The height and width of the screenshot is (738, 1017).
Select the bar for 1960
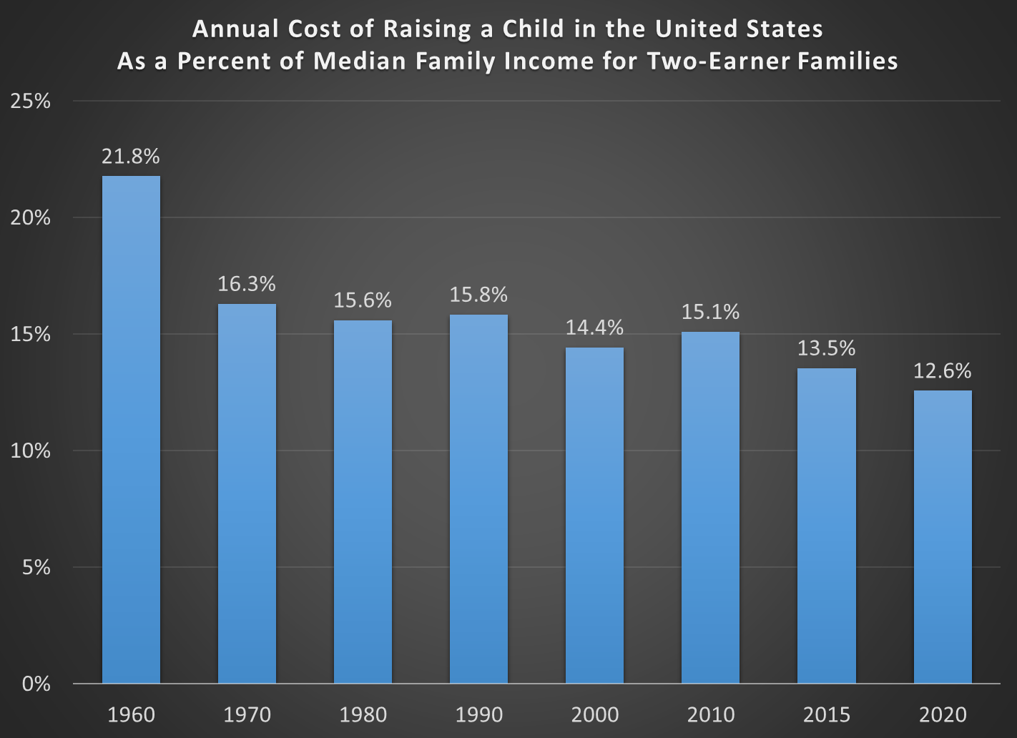pos(131,429)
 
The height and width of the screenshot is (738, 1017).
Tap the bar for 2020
pos(943,536)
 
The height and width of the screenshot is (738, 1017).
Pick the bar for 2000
pos(594,515)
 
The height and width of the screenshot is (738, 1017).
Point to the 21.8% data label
pos(131,156)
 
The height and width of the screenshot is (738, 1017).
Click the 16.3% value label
pos(247,284)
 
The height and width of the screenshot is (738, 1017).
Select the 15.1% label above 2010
pos(710,312)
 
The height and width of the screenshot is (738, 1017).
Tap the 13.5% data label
pos(826,348)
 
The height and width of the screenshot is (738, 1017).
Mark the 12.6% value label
pos(943,370)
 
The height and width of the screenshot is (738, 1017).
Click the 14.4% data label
pos(594,328)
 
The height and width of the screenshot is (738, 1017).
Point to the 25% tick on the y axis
pos(31,101)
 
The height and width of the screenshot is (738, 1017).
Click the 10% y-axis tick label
pos(31,451)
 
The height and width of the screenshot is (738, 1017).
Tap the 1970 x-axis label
pos(247,714)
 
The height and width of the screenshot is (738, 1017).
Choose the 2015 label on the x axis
pos(826,714)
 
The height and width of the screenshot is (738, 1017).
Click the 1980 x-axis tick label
pos(363,714)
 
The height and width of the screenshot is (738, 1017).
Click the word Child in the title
pos(534,29)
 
